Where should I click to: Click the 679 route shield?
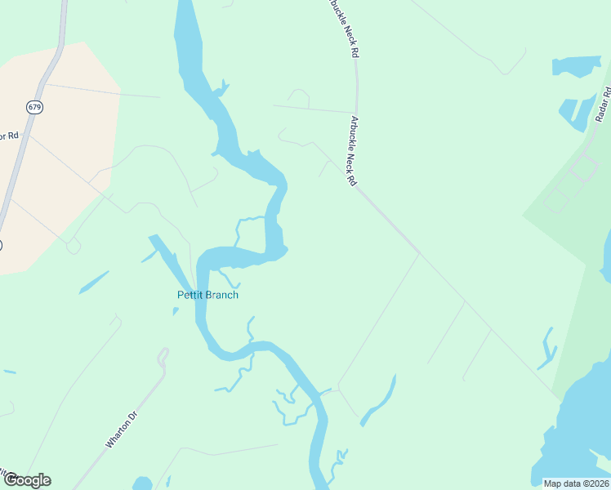coord(33,107)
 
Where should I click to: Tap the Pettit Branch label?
coord(208,295)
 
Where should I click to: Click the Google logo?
coord(27,480)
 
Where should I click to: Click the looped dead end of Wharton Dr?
coord(163,356)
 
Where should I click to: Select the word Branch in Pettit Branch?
coord(222,295)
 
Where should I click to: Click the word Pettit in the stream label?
coord(191,295)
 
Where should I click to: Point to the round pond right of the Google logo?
coord(142,483)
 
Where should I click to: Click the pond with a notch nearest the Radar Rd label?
coord(578,66)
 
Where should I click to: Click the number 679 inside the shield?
coord(33,107)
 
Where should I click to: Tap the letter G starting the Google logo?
coord(11,480)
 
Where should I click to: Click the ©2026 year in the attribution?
coord(593,483)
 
